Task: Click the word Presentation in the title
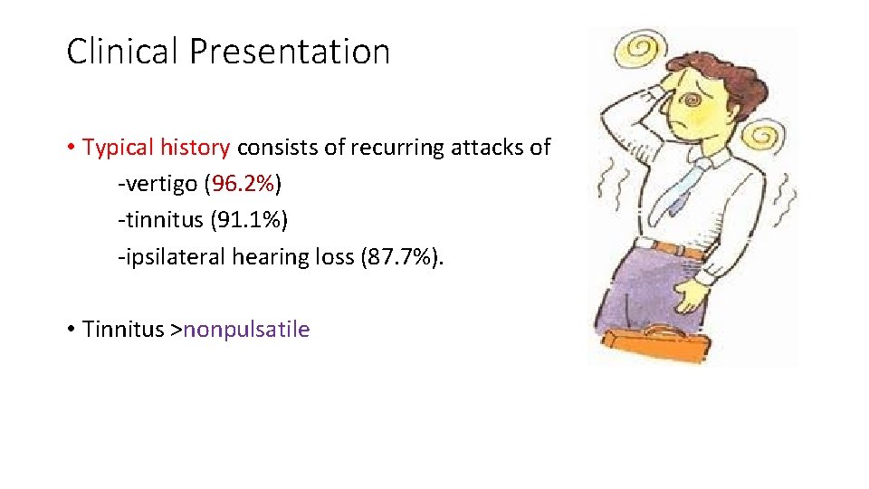(x=290, y=52)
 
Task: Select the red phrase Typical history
(x=157, y=148)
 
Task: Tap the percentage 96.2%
(x=243, y=184)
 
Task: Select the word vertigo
(x=159, y=184)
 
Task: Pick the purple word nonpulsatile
(x=246, y=329)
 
